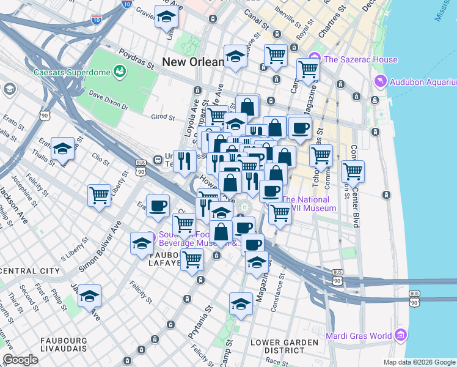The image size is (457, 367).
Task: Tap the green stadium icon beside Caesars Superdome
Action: point(120,72)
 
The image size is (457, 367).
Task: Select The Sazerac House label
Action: point(360,59)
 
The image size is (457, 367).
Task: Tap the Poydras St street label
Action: point(136,58)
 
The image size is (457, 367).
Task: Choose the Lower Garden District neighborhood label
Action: point(285,346)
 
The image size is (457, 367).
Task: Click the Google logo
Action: point(20,360)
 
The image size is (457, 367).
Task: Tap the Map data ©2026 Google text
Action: point(419,361)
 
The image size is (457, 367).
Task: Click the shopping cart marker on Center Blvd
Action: point(353,171)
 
